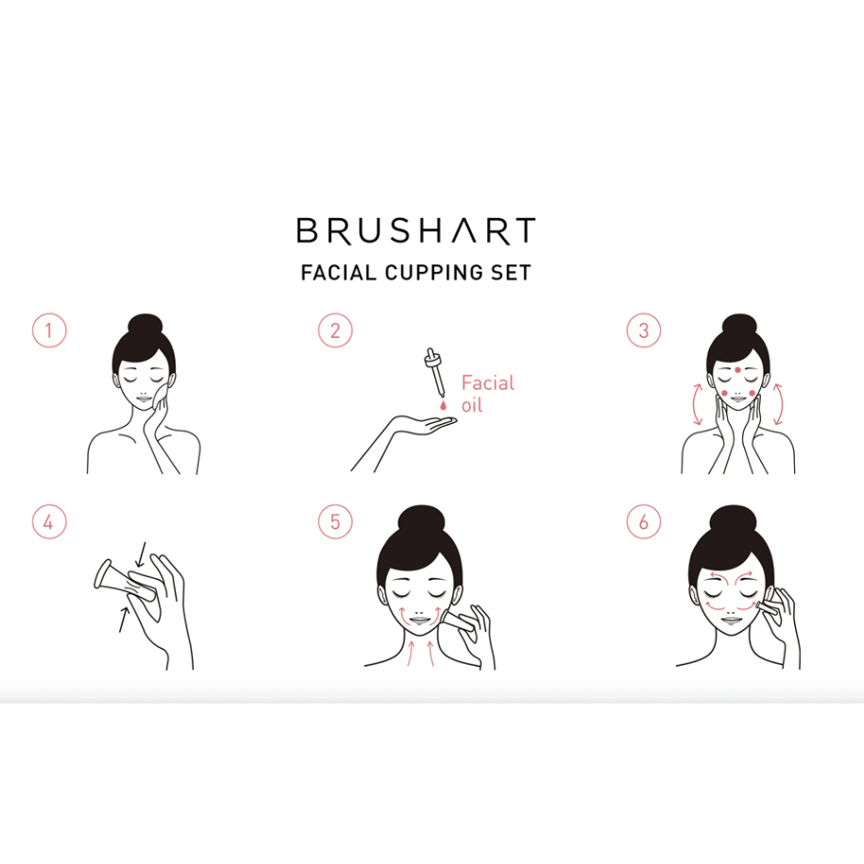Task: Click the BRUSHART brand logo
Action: pos(416,230)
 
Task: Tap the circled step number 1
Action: pos(50,330)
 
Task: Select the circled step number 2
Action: pos(335,330)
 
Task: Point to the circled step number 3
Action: pos(644,330)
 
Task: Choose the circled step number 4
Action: pos(50,522)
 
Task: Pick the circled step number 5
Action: pos(335,522)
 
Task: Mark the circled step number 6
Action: pos(644,522)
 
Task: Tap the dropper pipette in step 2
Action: pos(434,372)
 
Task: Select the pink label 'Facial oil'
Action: pos(487,394)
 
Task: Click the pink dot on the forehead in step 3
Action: pos(737,370)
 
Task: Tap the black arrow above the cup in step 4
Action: pos(141,554)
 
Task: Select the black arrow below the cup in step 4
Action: pos(124,619)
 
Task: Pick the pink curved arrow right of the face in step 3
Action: pos(778,404)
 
